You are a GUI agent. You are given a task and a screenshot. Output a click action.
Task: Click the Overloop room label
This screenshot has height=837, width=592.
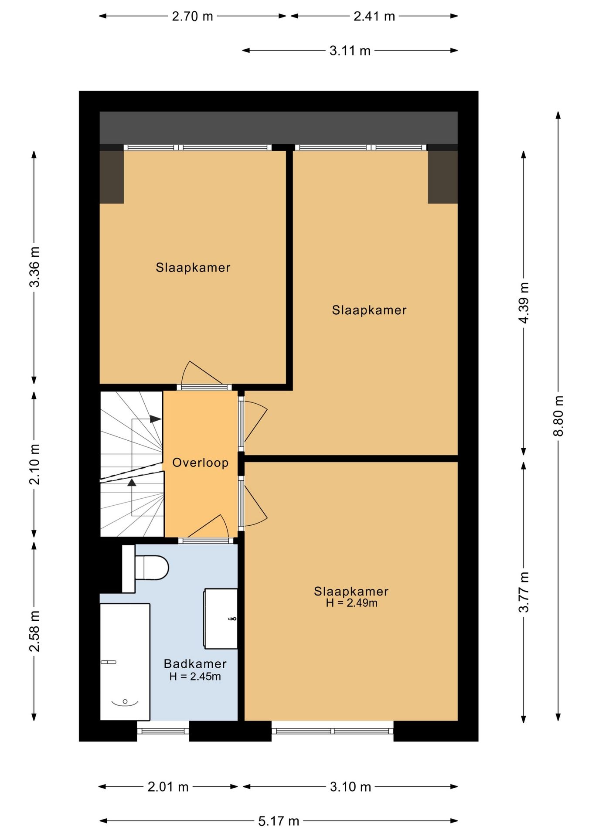tap(201, 463)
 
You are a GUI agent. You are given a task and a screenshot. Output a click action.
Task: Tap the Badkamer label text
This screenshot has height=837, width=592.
tap(195, 664)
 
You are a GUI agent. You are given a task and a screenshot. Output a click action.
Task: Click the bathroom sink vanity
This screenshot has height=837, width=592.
tap(221, 618)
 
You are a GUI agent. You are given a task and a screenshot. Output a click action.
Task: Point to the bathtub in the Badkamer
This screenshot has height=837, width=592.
tap(125, 662)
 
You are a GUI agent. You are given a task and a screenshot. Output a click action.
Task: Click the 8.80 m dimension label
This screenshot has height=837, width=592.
tap(558, 416)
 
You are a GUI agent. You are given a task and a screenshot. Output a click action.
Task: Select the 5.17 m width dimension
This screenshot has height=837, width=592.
tap(279, 821)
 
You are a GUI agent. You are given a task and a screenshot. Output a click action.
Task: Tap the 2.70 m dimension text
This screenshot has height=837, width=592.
tap(192, 16)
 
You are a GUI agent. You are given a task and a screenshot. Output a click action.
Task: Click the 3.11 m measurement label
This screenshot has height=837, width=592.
tap(350, 51)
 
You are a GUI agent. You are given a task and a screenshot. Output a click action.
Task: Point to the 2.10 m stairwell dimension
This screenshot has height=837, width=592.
tap(34, 464)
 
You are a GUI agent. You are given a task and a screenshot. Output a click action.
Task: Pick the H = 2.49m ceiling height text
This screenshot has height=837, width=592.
tap(351, 603)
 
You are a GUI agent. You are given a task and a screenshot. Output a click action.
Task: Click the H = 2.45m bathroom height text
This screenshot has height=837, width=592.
tap(195, 677)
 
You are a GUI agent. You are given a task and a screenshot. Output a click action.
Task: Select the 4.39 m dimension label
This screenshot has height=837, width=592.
tap(524, 303)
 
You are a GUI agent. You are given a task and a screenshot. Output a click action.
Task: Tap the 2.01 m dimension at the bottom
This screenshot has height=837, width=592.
tap(168, 787)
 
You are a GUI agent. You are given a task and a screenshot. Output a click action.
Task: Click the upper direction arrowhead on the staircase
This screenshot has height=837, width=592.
tap(156, 419)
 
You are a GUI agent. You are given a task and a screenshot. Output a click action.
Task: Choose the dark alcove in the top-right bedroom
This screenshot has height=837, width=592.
tap(442, 177)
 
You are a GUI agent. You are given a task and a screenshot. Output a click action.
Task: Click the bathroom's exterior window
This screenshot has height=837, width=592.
tap(163, 731)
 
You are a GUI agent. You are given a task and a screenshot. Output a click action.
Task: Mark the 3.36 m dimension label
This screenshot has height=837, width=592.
tap(34, 267)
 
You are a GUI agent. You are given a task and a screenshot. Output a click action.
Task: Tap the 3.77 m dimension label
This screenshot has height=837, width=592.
tap(524, 592)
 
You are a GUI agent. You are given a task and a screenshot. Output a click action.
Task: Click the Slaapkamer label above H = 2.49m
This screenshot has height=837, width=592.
tap(351, 591)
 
